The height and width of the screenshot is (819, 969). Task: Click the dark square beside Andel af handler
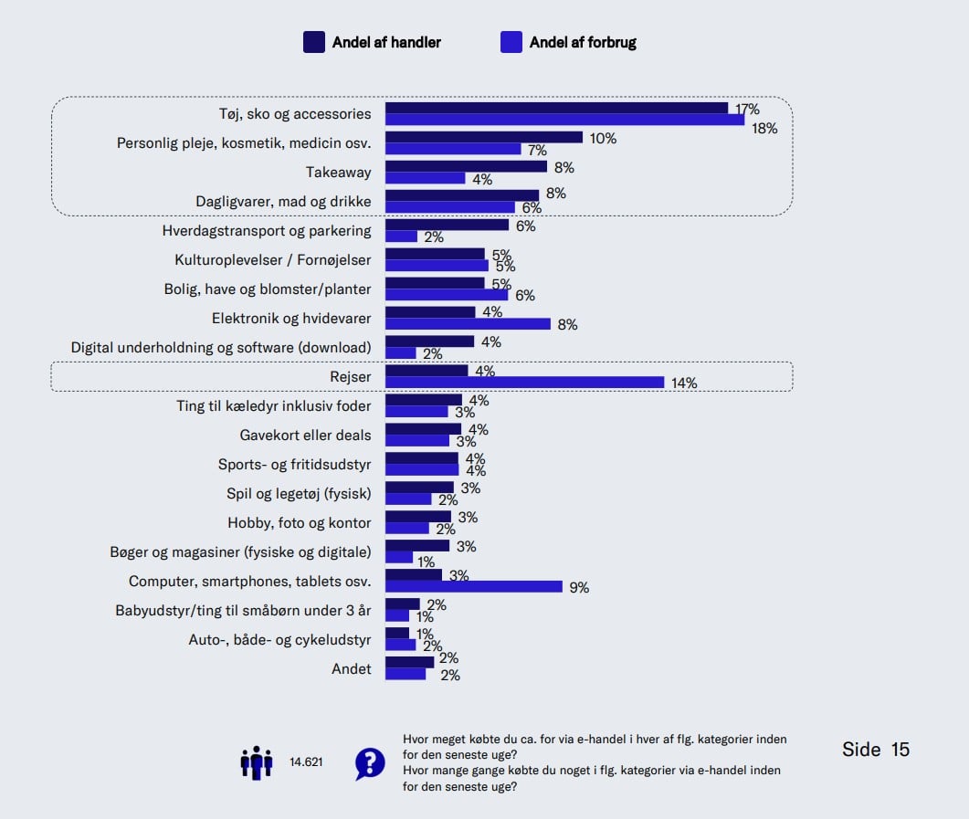tap(314, 42)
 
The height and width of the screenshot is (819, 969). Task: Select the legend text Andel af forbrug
tap(583, 42)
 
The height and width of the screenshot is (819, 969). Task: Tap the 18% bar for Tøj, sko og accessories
tap(564, 120)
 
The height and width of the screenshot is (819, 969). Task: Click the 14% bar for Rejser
tap(524, 383)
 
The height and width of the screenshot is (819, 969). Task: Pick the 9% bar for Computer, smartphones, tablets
tap(473, 587)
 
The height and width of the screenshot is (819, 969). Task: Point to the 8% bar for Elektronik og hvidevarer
tap(468, 324)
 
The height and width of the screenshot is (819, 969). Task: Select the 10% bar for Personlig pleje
tap(483, 137)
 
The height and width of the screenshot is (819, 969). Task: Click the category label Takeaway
tap(338, 172)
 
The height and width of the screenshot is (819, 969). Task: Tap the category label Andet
tap(351, 668)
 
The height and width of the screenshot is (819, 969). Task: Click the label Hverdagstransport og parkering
tap(267, 230)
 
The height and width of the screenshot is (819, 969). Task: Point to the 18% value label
tap(764, 129)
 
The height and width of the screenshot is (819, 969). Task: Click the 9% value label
tap(579, 588)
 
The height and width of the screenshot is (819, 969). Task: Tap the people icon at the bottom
tap(257, 761)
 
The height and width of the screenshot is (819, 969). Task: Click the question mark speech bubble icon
tap(369, 762)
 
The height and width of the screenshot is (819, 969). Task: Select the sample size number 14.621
tap(306, 761)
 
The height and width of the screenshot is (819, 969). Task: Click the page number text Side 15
tap(875, 750)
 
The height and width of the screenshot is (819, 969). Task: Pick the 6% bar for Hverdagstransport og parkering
tap(447, 225)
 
